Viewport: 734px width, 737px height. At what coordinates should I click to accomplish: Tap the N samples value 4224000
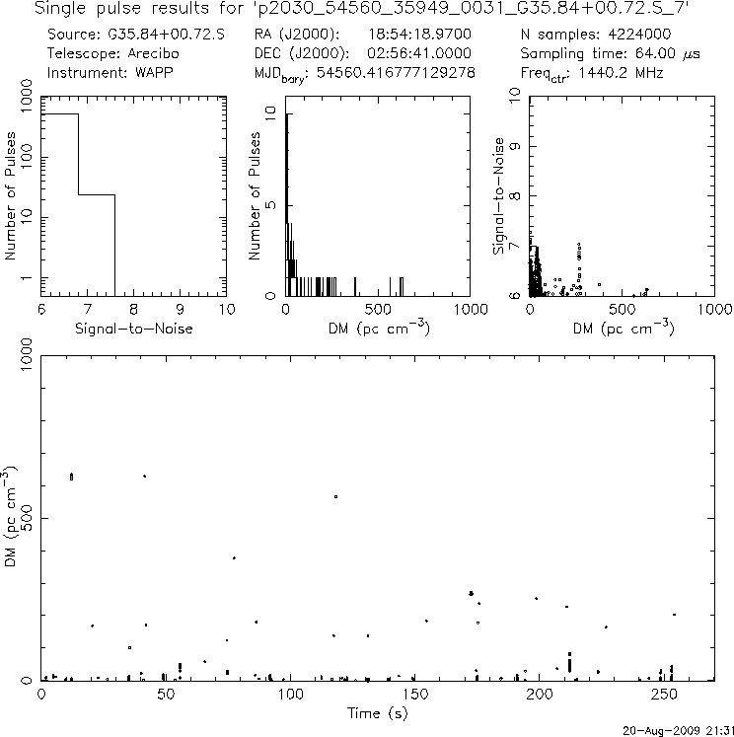click(635, 35)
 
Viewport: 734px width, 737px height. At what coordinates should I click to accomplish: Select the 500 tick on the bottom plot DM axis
click(26, 517)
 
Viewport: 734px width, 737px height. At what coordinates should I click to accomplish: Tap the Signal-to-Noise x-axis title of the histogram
click(133, 328)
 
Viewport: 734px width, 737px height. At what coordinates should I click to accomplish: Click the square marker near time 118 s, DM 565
click(335, 496)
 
